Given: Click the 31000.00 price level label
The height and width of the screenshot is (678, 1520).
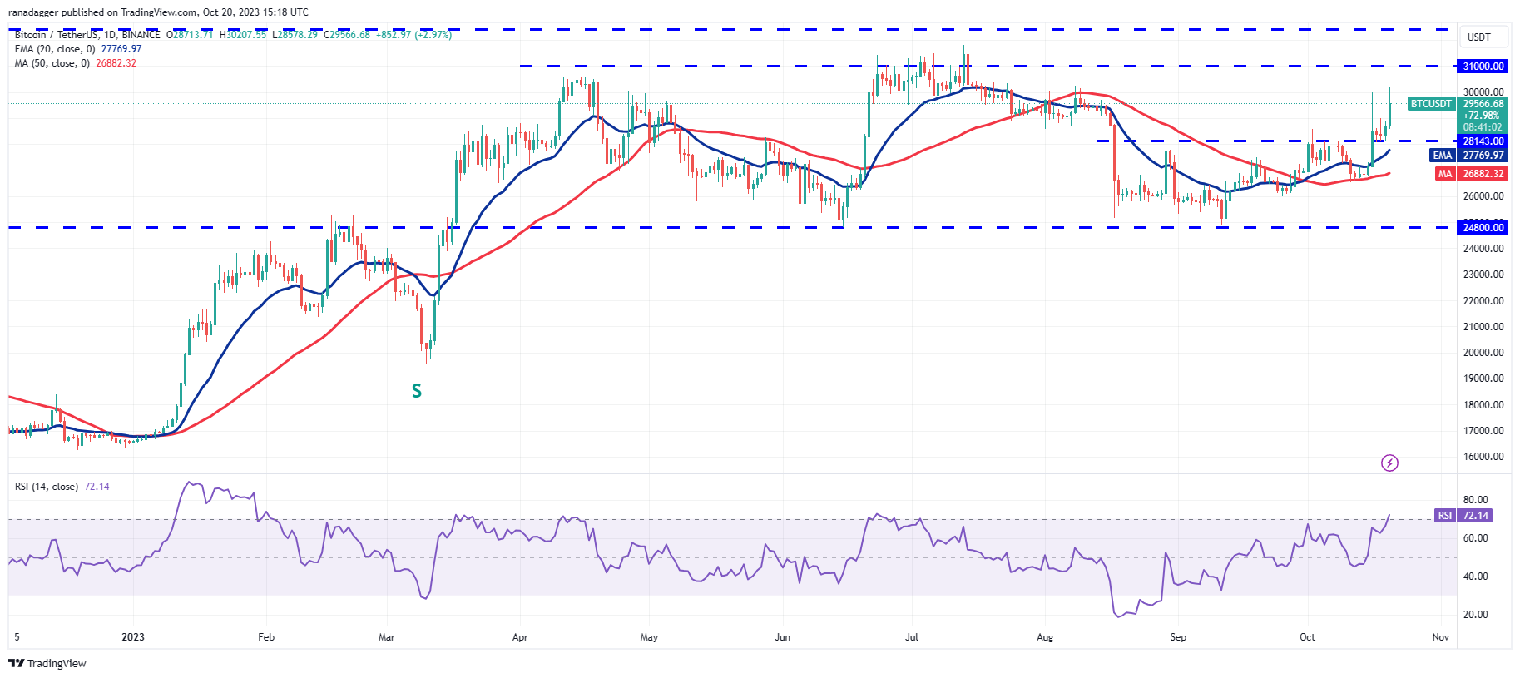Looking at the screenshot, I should click(x=1483, y=66).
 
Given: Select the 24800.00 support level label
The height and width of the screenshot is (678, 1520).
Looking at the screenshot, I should click(x=1483, y=227).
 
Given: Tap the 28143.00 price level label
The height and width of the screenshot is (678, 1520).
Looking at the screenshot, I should click(x=1483, y=141).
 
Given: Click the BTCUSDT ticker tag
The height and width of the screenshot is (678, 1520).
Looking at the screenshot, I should click(x=1430, y=104).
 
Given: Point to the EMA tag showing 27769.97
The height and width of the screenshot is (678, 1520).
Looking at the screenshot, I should click(x=1442, y=156).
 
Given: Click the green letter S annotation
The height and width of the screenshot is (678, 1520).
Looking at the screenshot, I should click(x=417, y=391).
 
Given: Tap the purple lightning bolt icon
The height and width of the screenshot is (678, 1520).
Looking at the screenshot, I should click(x=1389, y=463).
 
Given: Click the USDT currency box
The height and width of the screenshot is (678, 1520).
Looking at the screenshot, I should click(x=1478, y=37).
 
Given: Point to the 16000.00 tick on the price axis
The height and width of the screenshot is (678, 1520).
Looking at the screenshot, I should click(x=1483, y=457).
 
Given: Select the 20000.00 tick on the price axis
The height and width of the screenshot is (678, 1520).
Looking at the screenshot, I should click(x=1483, y=353).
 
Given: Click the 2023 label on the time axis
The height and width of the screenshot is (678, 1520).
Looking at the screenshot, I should click(x=133, y=637).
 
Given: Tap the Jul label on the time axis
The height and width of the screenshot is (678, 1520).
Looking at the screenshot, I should click(x=912, y=637).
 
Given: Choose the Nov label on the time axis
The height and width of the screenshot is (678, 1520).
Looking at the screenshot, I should click(x=1440, y=637).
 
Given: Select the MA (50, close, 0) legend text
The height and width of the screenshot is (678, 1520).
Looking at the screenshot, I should click(x=52, y=63).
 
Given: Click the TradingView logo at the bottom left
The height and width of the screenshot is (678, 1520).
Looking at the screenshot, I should click(x=47, y=663).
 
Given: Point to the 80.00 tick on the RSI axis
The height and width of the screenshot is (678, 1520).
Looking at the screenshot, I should click(x=1475, y=500).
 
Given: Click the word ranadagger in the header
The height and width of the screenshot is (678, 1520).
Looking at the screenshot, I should click(x=32, y=12).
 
